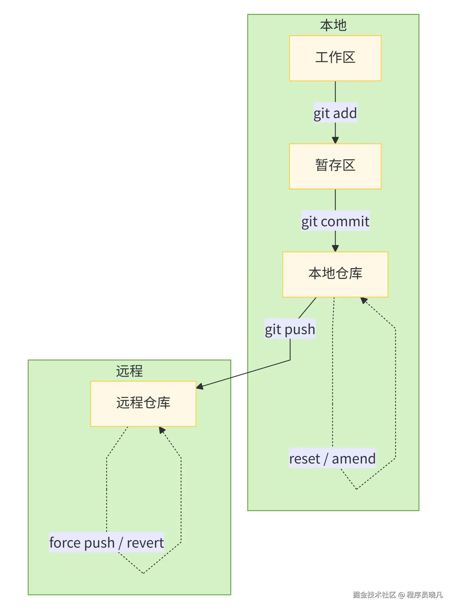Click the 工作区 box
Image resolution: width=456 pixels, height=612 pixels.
[x=335, y=58]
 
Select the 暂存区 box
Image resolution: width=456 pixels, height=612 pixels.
[x=335, y=166]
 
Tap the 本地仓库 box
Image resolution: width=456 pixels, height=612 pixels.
[x=335, y=274]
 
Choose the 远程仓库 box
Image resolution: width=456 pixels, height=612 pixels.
[x=143, y=403]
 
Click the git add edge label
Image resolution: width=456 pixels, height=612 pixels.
[x=335, y=113]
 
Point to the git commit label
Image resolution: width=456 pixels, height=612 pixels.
[x=335, y=221]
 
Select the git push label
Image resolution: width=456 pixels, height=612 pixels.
[x=290, y=329]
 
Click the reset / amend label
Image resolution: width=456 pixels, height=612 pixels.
[x=332, y=458]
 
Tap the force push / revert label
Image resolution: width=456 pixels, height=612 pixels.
[x=106, y=542]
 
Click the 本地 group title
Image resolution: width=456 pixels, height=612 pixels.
[x=333, y=25]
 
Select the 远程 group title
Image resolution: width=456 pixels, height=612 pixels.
[x=129, y=371]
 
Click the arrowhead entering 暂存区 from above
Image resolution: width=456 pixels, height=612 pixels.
[x=335, y=140]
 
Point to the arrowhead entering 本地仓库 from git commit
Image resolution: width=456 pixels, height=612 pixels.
[x=335, y=249]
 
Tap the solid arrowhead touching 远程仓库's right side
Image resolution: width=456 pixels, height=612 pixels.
[x=200, y=386]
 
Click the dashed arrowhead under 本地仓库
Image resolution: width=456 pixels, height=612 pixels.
[x=363, y=300]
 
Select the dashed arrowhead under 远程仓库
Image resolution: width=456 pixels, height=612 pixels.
[x=162, y=430]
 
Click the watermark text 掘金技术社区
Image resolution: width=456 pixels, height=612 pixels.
[x=374, y=595]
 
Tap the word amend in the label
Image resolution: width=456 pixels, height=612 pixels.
[x=354, y=458]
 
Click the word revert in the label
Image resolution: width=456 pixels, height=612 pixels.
[x=145, y=542]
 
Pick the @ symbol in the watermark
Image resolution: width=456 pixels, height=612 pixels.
[x=401, y=595]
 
